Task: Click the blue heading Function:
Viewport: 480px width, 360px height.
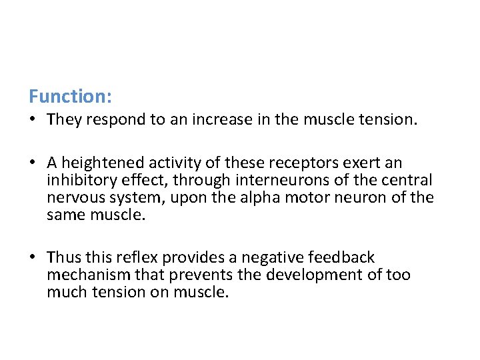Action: click(70, 97)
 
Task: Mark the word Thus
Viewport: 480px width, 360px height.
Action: click(64, 257)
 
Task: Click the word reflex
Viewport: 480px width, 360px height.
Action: click(139, 257)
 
